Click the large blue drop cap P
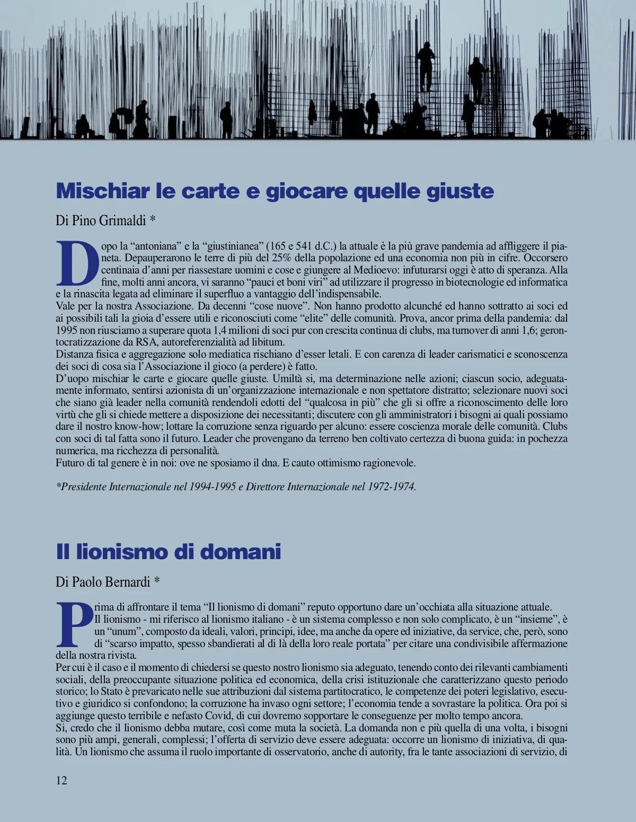tap(74, 624)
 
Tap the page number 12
tap(61, 780)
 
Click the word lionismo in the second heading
tap(121, 552)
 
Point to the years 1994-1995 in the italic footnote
tap(212, 487)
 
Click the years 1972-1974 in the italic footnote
tap(392, 487)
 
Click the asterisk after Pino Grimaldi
tap(153, 219)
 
